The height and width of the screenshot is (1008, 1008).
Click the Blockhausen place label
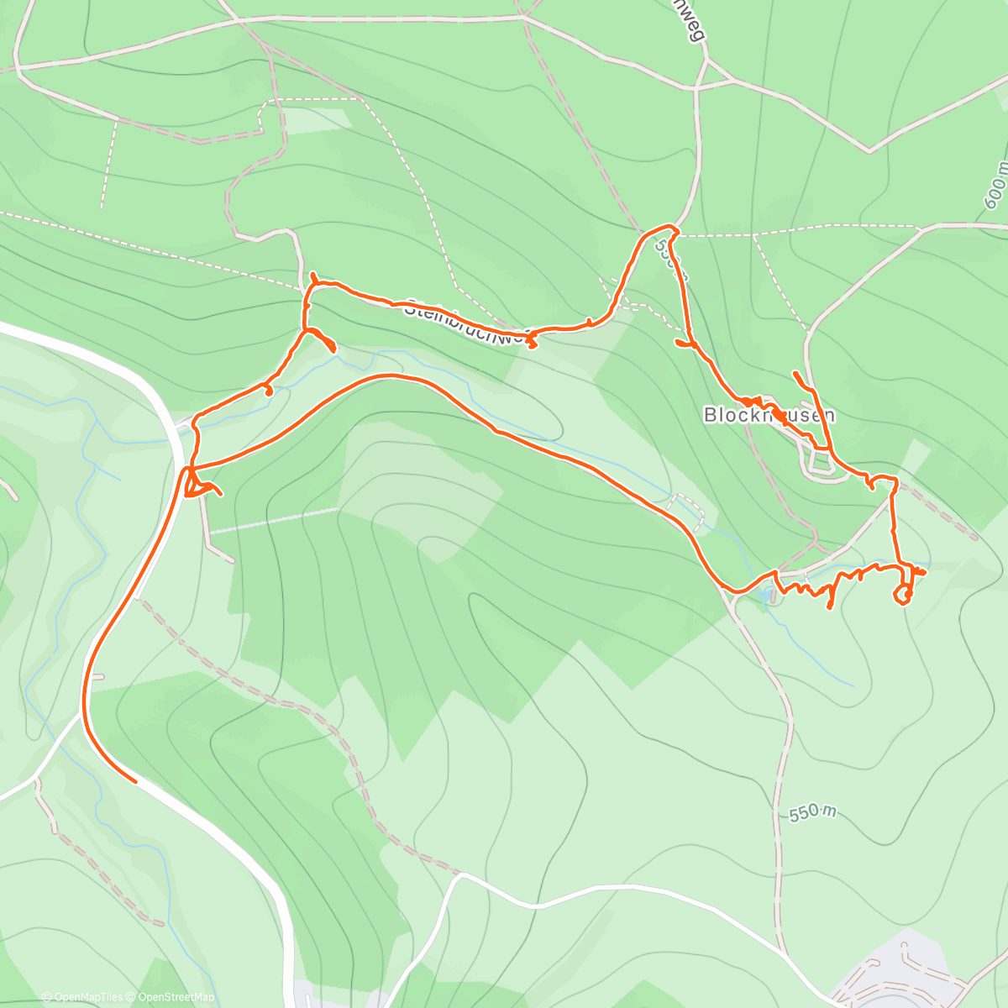click(769, 415)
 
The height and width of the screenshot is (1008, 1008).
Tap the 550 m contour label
click(813, 813)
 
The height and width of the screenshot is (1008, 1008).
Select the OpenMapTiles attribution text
click(82, 997)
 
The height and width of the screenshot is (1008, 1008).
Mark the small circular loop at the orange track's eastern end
click(904, 595)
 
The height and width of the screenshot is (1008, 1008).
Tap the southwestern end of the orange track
click(134, 780)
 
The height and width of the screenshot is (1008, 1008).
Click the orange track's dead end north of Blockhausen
click(795, 372)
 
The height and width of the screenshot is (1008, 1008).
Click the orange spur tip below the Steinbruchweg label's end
click(533, 344)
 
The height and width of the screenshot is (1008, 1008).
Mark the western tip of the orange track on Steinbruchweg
click(312, 275)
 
